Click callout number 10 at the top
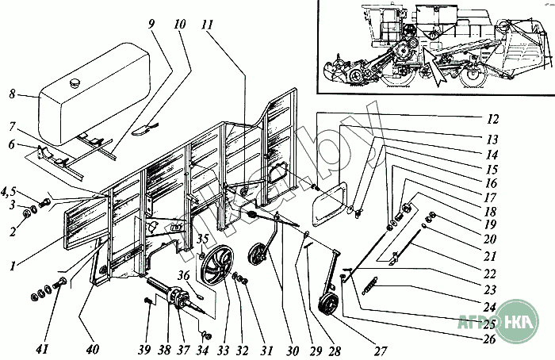pos(180,25)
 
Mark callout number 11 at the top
pos(208,25)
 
